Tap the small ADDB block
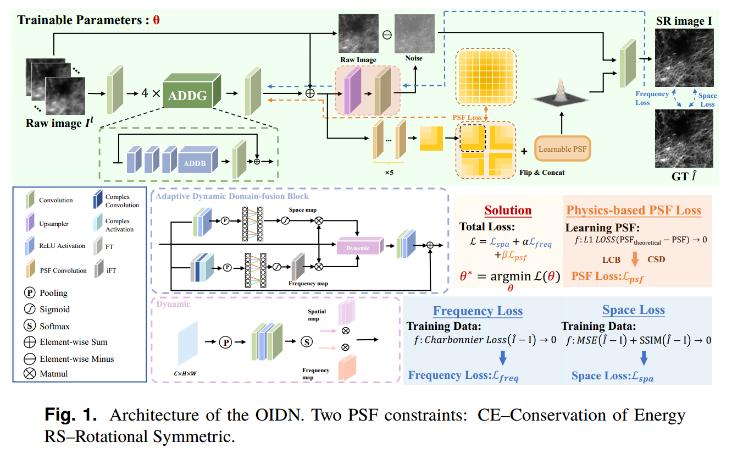coord(196,163)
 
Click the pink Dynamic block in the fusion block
coord(358,247)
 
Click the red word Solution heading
coord(508,211)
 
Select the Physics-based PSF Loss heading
coord(634,211)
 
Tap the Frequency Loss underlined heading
coord(478,311)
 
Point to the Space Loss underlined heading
coord(633,310)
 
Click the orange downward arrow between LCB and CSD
coord(634,258)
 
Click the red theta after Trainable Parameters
coord(156,21)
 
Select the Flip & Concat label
coord(541,172)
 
